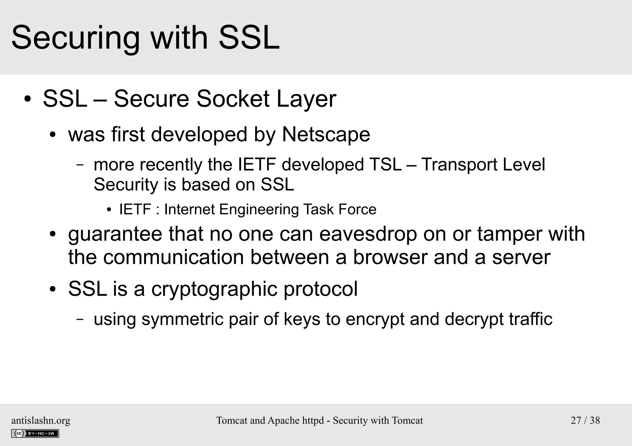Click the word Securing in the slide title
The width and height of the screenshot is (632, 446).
click(76, 38)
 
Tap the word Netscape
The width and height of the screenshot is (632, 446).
click(326, 134)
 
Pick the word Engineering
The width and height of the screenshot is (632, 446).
click(259, 210)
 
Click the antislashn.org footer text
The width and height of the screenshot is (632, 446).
click(41, 420)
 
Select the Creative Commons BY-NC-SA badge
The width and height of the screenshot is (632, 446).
click(35, 433)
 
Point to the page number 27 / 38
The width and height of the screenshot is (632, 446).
click(585, 420)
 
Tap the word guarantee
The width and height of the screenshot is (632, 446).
click(115, 234)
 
